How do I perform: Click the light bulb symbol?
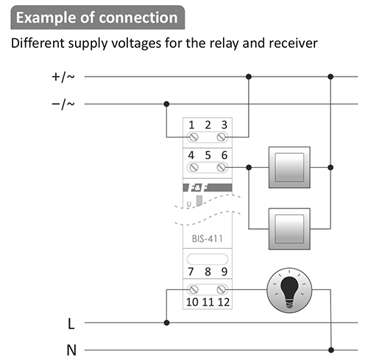tap(289, 290)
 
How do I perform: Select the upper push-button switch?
tap(289, 167)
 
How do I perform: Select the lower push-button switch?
tap(289, 229)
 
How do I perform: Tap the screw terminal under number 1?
tap(194, 137)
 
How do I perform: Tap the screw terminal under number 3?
tap(222, 137)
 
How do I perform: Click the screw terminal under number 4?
tap(194, 168)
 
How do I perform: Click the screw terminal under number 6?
tap(222, 168)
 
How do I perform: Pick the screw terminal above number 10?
tap(194, 289)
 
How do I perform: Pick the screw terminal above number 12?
tap(222, 289)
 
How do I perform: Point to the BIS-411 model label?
tap(208, 239)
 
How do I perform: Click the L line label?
tap(71, 324)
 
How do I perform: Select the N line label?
tap(71, 350)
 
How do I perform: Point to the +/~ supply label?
tap(63, 77)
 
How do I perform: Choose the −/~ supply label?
tap(63, 105)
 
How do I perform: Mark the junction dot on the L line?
tap(166, 322)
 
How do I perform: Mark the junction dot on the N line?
tap(331, 350)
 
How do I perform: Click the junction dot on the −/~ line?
tap(166, 104)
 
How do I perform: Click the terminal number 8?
tap(208, 272)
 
